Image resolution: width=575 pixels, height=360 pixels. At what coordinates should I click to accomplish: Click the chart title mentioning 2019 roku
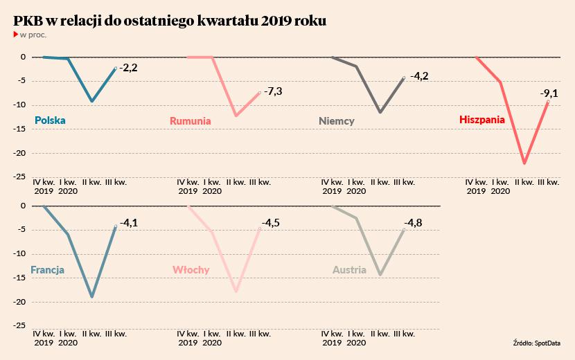coord(170,21)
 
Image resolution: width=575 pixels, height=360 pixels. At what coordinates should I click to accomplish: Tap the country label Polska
coord(50,120)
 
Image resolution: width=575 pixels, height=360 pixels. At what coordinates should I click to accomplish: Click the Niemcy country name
coord(337,121)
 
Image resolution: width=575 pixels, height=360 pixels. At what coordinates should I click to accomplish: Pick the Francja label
coord(48,270)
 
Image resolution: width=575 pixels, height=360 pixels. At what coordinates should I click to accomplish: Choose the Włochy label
coord(191,270)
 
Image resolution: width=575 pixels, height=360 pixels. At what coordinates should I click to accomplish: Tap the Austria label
coord(350,270)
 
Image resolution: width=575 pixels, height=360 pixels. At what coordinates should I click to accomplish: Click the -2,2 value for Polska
coord(129,68)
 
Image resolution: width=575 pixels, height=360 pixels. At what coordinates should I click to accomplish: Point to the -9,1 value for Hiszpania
coord(550,93)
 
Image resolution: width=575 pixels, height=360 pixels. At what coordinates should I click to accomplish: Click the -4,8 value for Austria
coord(414,223)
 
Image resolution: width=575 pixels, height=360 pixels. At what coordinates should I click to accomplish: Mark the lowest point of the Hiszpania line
coord(524,163)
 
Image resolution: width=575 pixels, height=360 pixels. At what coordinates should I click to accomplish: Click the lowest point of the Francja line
coord(92,297)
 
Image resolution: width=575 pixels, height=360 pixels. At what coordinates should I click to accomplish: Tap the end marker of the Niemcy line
coord(403,78)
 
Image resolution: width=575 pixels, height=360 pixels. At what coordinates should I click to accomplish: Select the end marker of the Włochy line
coord(260,228)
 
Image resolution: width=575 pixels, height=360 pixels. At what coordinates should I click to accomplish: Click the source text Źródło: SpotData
coord(538,343)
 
